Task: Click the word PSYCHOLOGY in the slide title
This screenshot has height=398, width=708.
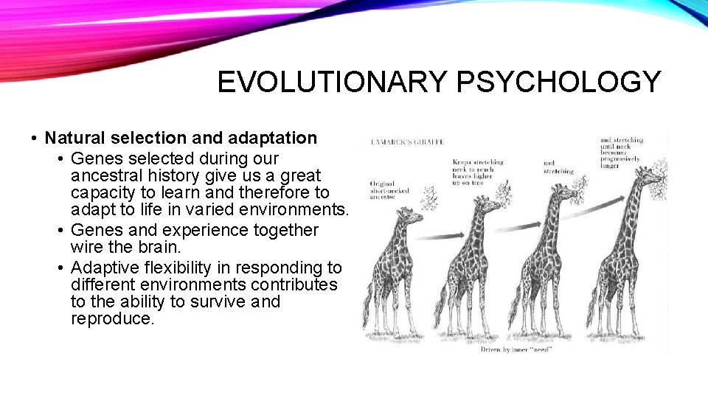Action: click(558, 82)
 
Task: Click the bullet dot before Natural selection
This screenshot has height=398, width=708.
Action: click(35, 139)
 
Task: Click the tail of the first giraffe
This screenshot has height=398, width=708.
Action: click(367, 302)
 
